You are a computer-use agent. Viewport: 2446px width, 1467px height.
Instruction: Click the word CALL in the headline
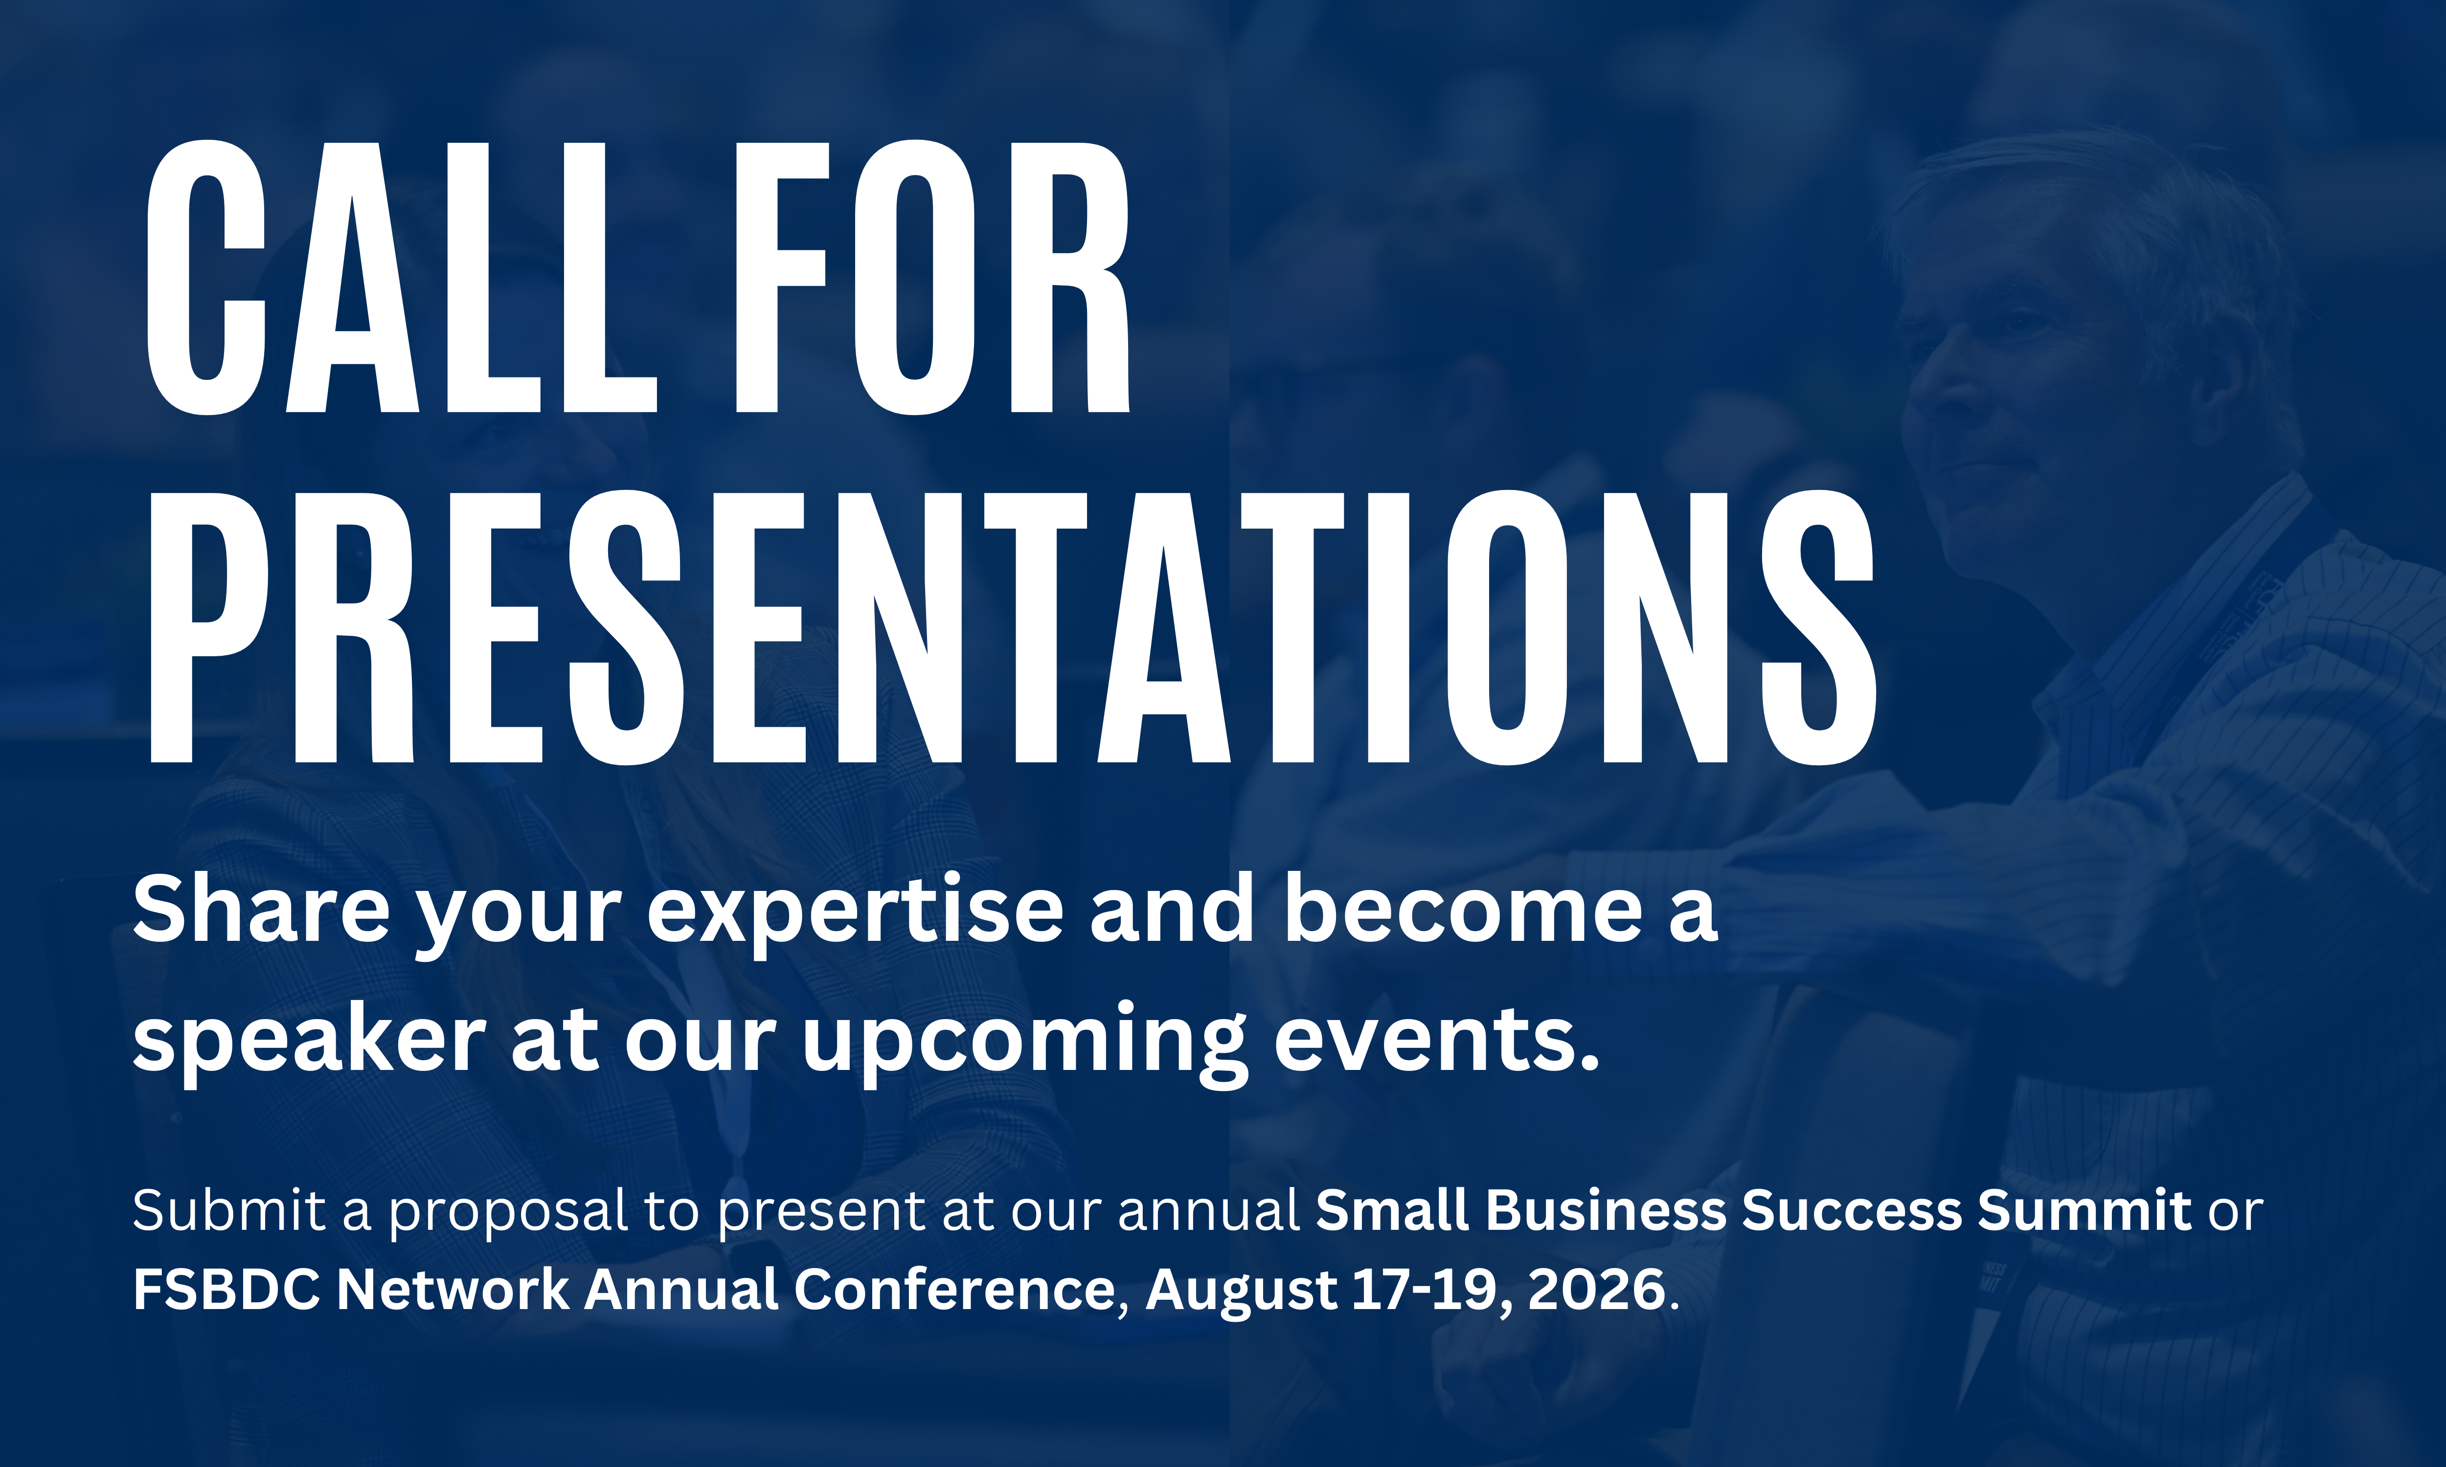402,278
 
